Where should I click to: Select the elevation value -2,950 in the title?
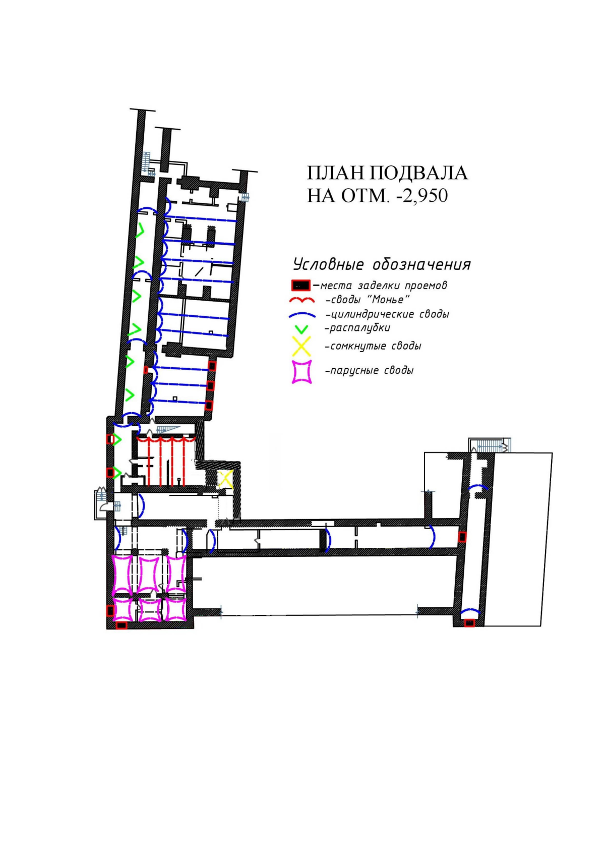click(x=418, y=196)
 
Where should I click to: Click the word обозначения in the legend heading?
click(x=421, y=264)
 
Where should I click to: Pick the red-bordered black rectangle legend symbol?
click(x=300, y=285)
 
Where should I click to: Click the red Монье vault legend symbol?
click(x=302, y=300)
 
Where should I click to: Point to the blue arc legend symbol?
click(x=302, y=315)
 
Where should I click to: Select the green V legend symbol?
click(x=302, y=329)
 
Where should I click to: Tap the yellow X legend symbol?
click(x=301, y=347)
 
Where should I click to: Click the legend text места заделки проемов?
click(x=384, y=286)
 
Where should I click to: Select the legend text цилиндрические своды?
click(x=387, y=314)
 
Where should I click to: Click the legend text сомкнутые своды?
click(x=373, y=347)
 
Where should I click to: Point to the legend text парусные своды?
click(x=370, y=371)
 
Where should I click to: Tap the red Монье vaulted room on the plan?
click(x=166, y=461)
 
